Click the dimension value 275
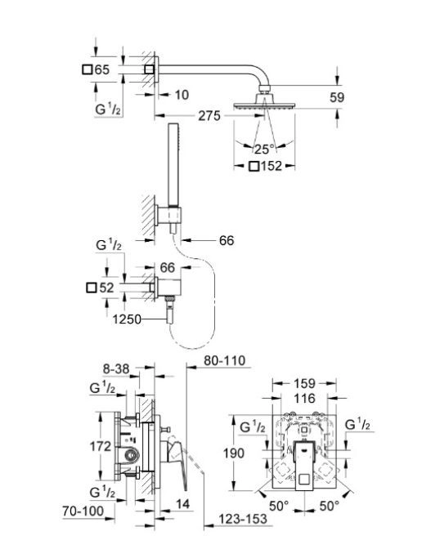point(209,116)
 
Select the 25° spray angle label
point(264,150)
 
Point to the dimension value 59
point(337,97)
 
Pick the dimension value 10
point(182,95)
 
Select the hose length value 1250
point(127,319)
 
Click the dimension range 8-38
point(116,369)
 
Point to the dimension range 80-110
point(225,360)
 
